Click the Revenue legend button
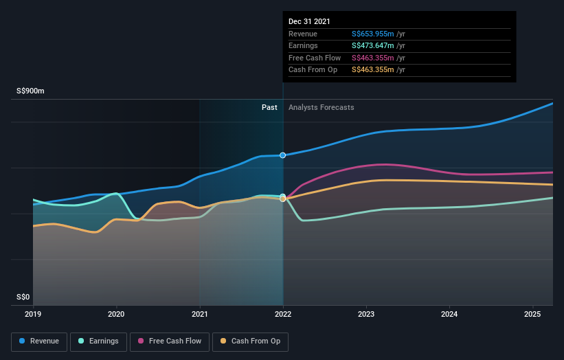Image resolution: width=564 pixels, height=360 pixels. click(39, 341)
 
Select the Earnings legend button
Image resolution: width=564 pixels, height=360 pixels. click(99, 341)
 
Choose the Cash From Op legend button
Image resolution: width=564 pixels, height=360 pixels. click(251, 341)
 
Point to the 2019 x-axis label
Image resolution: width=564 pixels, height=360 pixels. click(33, 315)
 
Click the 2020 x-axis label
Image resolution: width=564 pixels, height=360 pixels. click(117, 315)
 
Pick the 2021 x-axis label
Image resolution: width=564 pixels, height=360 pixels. click(200, 315)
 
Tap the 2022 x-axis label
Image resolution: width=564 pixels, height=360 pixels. click(283, 315)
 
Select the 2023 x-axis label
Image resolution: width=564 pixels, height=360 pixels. click(366, 315)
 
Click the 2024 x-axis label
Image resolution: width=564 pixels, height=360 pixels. click(449, 315)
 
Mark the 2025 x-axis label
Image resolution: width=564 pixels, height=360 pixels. click(532, 315)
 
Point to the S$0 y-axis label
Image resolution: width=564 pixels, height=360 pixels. click(23, 297)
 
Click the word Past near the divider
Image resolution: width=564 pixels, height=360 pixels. click(269, 107)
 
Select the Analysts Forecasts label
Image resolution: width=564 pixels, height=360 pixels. click(322, 107)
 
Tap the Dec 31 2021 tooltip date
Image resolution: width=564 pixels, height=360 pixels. click(309, 21)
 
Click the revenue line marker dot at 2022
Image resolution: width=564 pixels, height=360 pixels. click(282, 155)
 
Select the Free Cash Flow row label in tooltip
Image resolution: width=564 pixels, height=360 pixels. click(315, 58)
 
